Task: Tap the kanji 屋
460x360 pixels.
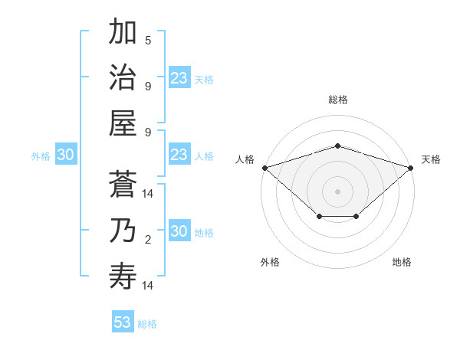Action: (123, 123)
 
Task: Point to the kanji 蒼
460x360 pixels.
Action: (123, 184)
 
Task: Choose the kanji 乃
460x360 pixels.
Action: (123, 231)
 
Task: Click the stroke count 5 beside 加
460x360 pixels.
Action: (148, 40)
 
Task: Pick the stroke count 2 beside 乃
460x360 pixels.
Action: (148, 240)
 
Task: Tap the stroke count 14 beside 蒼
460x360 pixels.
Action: (148, 194)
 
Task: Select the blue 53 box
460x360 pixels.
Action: (123, 322)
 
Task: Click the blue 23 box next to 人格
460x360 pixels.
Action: (179, 155)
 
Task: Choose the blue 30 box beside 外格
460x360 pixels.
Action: (65, 155)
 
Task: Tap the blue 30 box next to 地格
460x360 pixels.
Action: (179, 232)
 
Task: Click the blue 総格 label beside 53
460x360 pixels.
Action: (147, 324)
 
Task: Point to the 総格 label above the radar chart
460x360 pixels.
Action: (337, 100)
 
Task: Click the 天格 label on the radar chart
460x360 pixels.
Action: (431, 159)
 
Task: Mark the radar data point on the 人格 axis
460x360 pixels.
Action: (264, 167)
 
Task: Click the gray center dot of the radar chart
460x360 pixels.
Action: (337, 191)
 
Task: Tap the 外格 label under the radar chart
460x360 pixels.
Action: (270, 262)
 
